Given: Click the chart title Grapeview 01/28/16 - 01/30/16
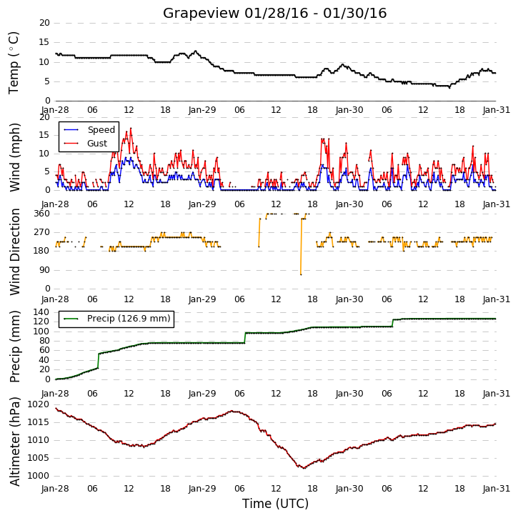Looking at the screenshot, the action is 274,13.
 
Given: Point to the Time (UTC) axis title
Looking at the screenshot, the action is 275,504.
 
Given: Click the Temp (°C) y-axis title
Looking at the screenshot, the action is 14,63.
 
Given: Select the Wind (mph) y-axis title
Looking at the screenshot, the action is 14,157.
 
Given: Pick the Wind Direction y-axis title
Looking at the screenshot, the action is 14,251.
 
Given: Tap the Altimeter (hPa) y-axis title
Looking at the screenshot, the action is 14,442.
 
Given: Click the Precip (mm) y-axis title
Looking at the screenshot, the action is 14,347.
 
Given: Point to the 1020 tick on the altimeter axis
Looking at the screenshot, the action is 38,404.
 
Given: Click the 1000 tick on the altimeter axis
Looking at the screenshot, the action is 38,476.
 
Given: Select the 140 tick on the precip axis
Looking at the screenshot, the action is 41,312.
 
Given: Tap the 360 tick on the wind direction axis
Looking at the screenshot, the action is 41,214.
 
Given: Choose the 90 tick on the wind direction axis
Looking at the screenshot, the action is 44,270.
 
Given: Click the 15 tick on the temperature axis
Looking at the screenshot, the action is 44,42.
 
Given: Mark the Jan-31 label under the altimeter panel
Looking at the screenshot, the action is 497,488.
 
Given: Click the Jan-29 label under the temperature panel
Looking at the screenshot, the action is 202,110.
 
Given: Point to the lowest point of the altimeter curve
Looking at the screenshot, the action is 304,468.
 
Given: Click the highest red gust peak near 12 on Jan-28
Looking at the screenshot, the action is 131,128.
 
